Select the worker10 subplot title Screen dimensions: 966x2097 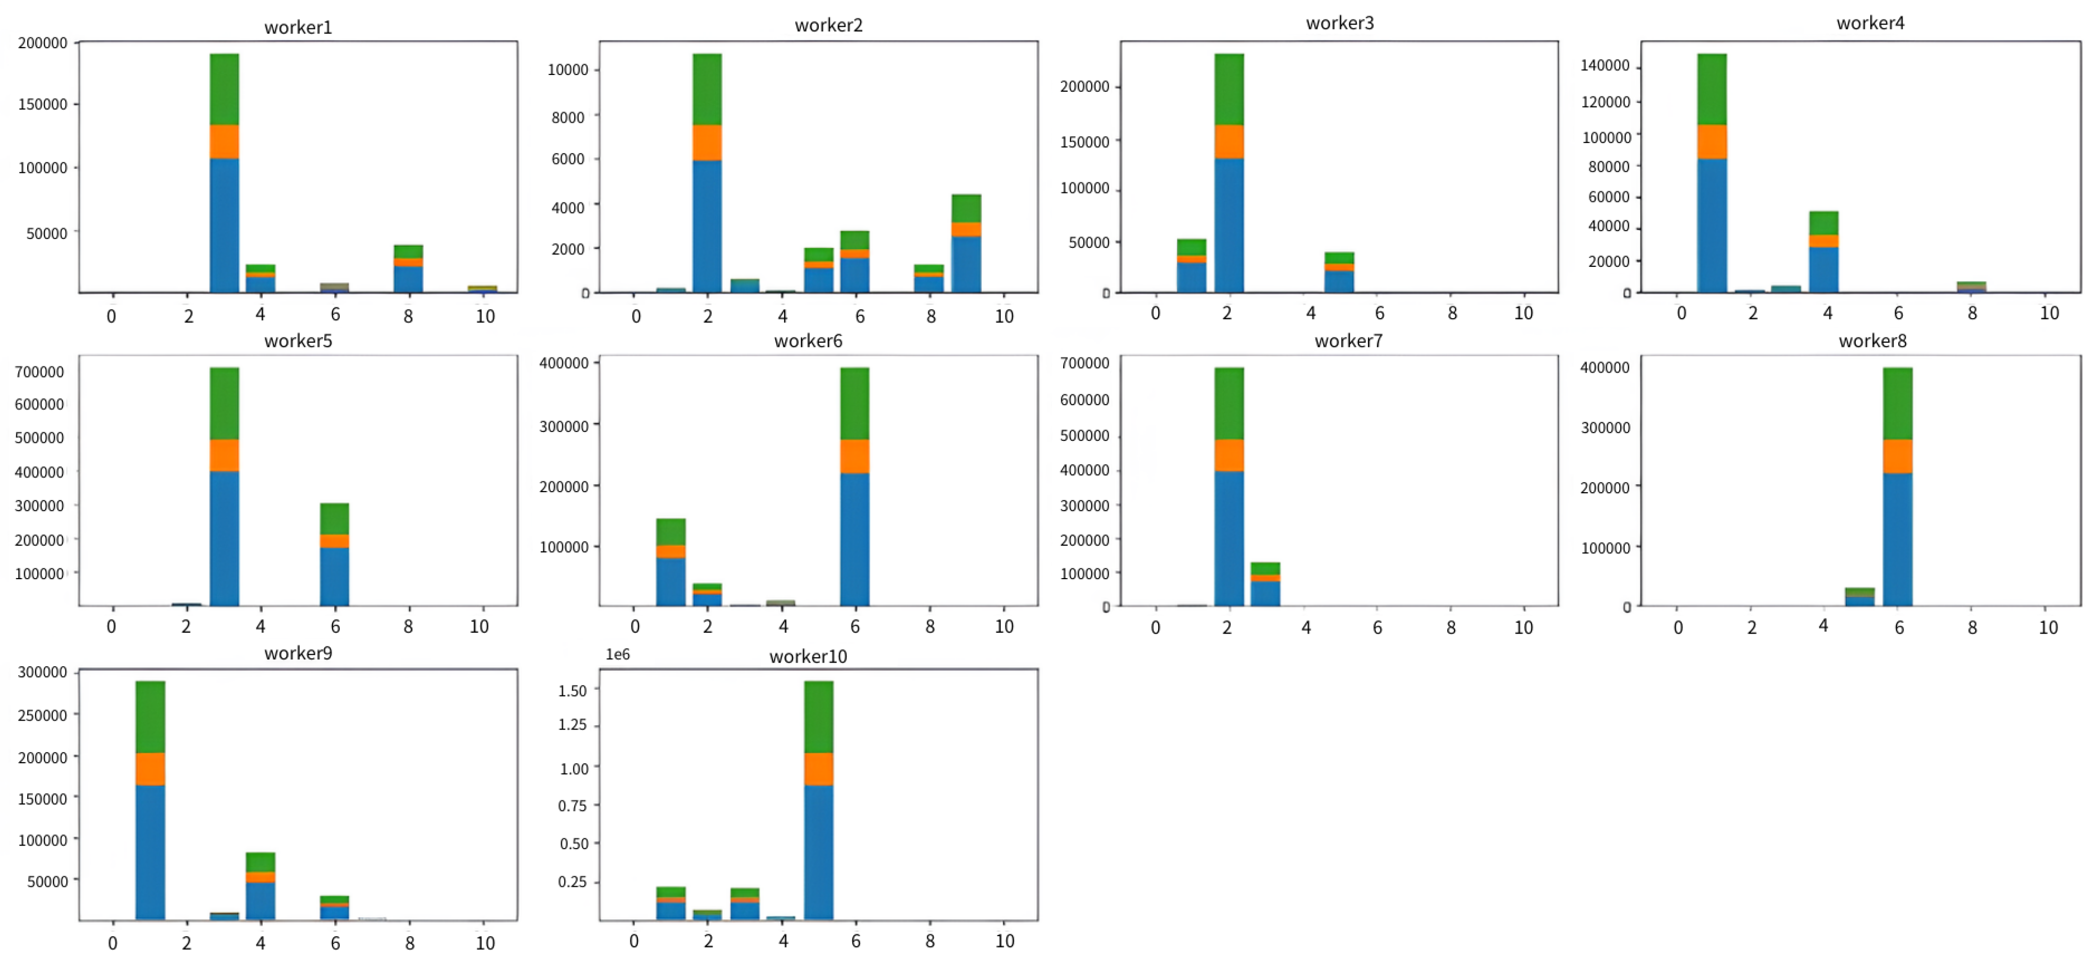click(808, 656)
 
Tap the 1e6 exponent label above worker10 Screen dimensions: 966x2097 click(617, 654)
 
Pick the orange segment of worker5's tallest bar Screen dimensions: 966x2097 click(224, 455)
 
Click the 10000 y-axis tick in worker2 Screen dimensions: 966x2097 click(568, 70)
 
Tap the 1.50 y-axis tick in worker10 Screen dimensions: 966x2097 click(572, 690)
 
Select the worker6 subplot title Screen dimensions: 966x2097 click(808, 341)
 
